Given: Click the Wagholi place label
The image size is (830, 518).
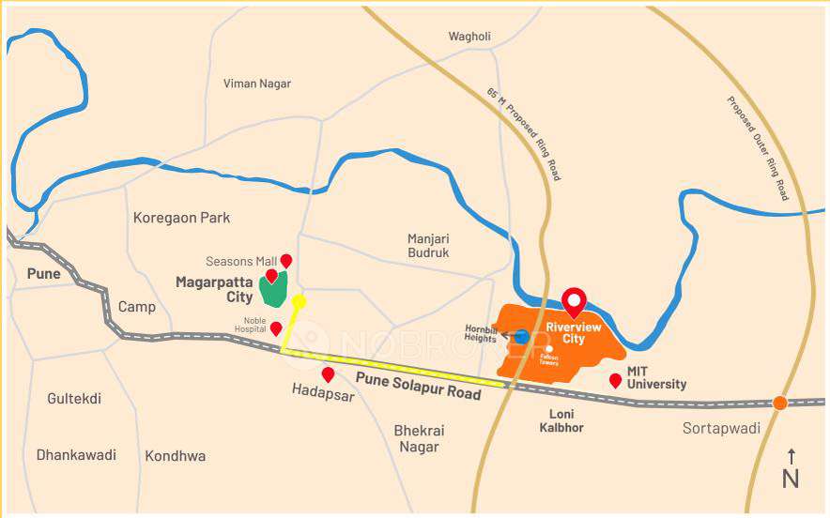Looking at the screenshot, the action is click(469, 37).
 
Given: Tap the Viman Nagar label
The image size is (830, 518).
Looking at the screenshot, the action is click(257, 84).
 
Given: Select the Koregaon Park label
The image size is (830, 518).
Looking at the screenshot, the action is click(181, 218).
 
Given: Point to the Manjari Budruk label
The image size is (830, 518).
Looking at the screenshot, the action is click(428, 246).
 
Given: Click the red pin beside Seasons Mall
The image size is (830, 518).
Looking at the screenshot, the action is click(286, 261).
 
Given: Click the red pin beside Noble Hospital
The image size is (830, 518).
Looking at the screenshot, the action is click(276, 328).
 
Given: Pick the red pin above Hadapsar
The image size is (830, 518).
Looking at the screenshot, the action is click(328, 374).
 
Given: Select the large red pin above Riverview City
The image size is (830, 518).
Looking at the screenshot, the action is click(573, 301).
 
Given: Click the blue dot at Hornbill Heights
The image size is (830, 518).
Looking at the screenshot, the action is click(521, 337).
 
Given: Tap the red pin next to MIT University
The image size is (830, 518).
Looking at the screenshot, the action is click(615, 380).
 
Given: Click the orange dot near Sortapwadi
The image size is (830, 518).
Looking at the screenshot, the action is click(779, 403).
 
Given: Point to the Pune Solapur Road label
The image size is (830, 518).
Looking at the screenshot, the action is click(419, 386).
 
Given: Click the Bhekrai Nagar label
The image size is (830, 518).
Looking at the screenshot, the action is click(419, 438).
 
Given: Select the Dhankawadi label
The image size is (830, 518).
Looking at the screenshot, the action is click(76, 455).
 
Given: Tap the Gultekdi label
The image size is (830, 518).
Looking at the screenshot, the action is click(74, 399).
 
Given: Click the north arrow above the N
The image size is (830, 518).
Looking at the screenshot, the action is click(791, 456).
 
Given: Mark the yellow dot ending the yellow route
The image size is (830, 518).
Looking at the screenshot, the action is click(299, 301).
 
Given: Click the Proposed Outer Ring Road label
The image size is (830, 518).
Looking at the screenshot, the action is click(758, 147).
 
